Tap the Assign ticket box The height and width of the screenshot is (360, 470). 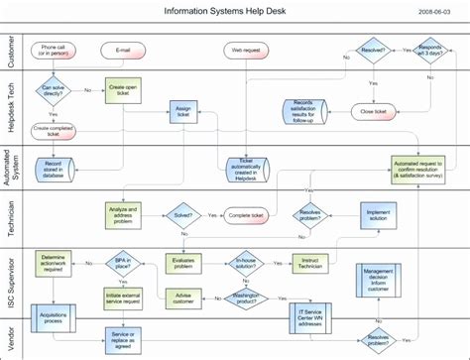pos(183,112)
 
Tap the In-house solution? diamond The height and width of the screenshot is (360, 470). pos(248,263)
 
